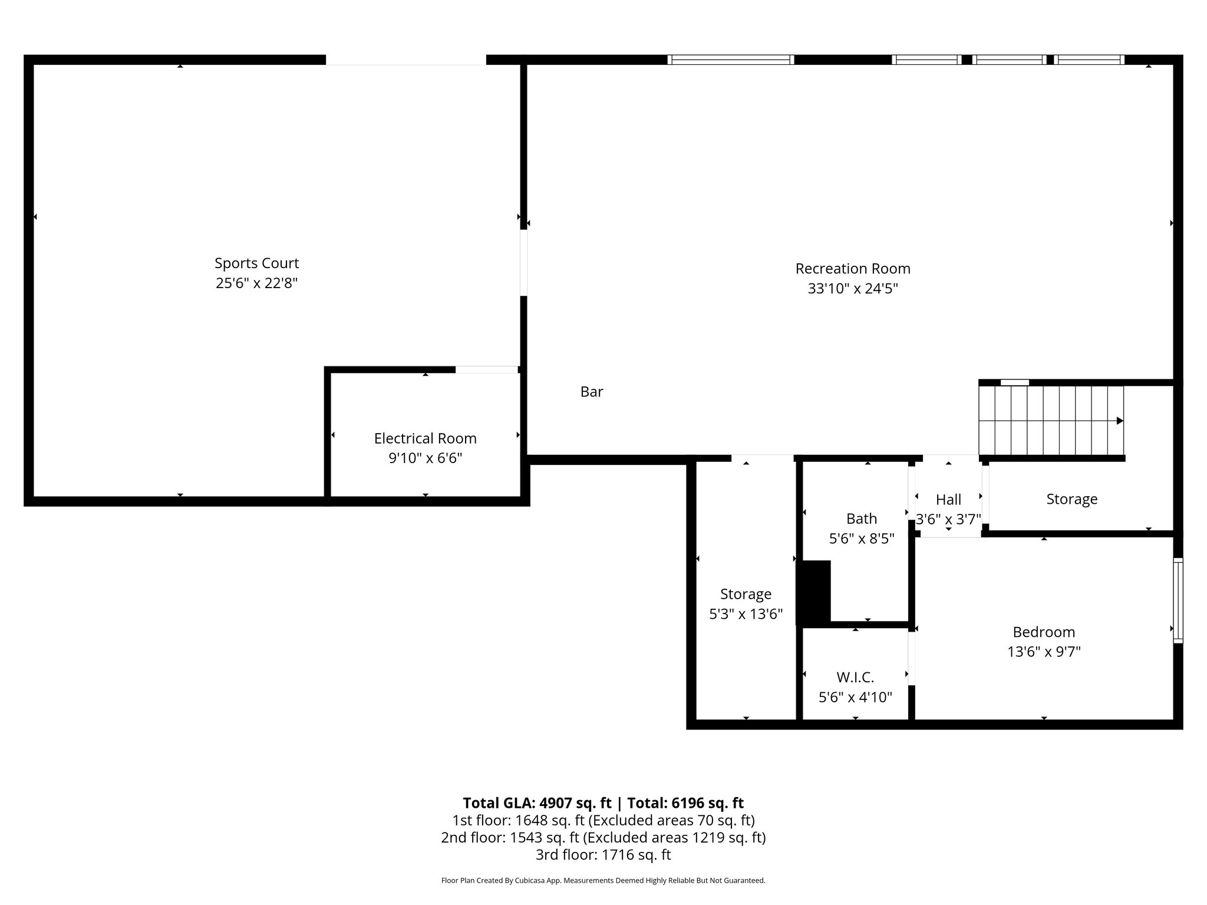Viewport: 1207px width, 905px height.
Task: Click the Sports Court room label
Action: tap(256, 263)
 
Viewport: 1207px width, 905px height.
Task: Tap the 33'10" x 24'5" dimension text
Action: tap(852, 289)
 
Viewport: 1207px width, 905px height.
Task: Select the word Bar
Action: tap(591, 392)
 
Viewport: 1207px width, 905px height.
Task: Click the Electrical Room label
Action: tap(425, 438)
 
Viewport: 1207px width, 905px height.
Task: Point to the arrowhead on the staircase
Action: tap(1120, 421)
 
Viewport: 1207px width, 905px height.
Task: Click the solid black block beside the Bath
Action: tap(813, 592)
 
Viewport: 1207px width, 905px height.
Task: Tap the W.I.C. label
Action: tap(855, 677)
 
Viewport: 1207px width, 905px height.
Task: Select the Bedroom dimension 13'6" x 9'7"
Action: tap(1043, 652)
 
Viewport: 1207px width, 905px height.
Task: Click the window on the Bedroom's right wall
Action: tap(1178, 600)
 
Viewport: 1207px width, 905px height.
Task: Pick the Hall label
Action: tap(948, 500)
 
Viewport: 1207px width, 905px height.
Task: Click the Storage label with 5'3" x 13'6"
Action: tap(746, 594)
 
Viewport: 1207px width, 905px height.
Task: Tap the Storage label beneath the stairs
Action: tap(1071, 499)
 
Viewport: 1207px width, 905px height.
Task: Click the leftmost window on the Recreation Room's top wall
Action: tap(730, 60)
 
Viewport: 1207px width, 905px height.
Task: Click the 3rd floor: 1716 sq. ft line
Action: tap(603, 854)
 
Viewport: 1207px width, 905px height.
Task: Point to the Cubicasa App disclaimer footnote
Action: tap(603, 881)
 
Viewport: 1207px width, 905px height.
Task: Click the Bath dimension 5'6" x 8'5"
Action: tap(861, 539)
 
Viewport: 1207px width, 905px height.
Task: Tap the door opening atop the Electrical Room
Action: tap(486, 369)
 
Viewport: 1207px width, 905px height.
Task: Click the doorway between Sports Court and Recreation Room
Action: tap(523, 262)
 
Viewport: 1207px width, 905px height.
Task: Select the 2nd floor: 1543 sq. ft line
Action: tap(603, 837)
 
